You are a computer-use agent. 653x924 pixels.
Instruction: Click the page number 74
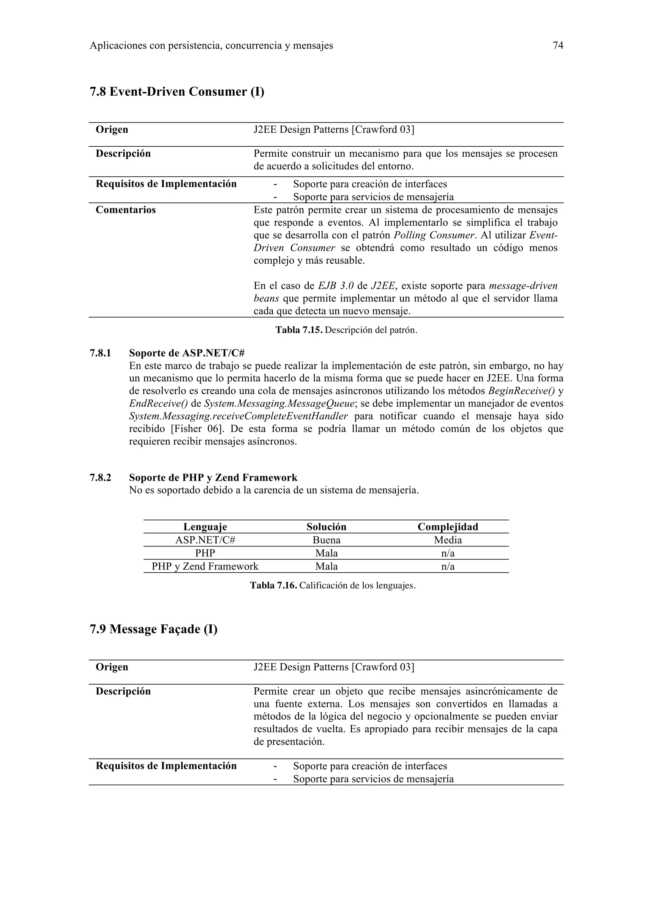coord(558,46)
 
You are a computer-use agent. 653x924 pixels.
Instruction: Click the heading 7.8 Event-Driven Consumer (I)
coord(177,92)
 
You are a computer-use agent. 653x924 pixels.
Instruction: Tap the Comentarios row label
coord(126,210)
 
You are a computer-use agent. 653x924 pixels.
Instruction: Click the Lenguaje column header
coord(205,527)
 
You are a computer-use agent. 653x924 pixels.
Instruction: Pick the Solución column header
coord(326,527)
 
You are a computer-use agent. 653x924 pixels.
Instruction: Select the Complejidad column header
coord(448,527)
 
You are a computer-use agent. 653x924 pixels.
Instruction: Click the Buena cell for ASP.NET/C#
coord(326,540)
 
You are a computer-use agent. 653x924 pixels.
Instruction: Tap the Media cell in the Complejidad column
coord(448,540)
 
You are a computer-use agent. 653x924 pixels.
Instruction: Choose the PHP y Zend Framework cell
coord(205,567)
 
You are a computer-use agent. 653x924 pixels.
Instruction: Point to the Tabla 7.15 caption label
coord(299,330)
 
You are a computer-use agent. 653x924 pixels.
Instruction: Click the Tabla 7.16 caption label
coord(274,585)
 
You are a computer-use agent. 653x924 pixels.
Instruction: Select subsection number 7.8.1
coord(100,353)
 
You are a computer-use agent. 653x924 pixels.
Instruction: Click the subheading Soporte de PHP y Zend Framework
coord(213,478)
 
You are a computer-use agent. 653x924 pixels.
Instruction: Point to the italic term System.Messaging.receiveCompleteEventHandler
coord(238,416)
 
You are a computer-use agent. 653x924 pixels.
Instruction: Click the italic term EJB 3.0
coord(335,286)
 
